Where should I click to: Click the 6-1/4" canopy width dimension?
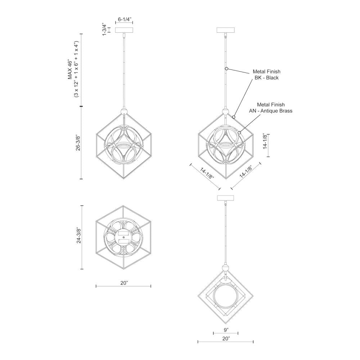coord(124,20)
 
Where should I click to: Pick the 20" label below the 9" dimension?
coord(226,339)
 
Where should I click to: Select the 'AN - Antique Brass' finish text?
coord(271,111)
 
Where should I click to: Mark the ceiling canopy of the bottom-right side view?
coord(226,198)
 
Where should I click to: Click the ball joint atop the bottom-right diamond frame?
coord(226,268)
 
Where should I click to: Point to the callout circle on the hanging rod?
coord(226,68)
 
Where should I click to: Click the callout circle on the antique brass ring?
coord(239,132)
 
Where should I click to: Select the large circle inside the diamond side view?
coord(226,296)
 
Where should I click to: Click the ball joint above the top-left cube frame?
coord(124,112)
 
